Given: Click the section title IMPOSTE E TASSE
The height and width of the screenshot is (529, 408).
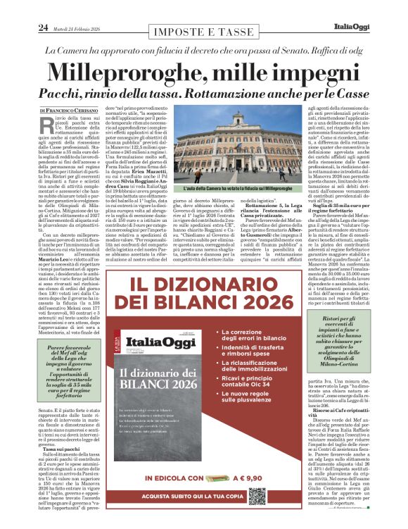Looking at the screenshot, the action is click(204, 32).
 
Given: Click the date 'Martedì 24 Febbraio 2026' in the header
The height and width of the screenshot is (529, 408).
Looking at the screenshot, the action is click(79, 28).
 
